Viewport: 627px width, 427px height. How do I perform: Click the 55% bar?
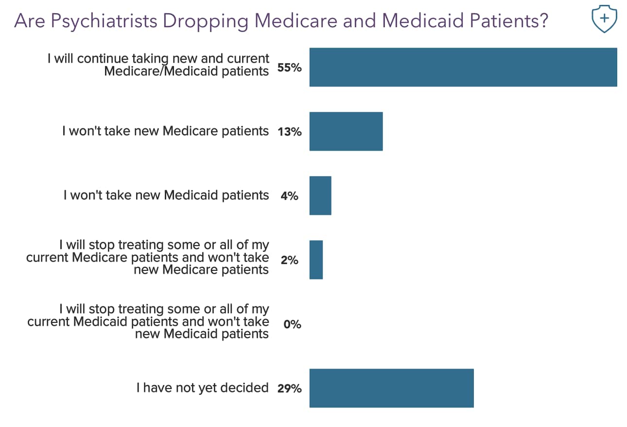463,67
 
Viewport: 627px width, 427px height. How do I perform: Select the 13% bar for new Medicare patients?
346,131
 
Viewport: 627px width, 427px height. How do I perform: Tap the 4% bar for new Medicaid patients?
320,196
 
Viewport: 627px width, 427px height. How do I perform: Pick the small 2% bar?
315,260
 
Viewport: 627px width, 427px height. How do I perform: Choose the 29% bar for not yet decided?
391,388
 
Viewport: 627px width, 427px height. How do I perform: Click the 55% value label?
289,68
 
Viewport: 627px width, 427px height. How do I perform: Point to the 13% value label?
289,132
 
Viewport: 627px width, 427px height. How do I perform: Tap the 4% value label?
289,196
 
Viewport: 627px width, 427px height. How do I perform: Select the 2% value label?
289,260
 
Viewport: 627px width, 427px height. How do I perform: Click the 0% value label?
292,324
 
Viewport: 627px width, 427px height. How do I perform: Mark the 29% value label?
289,389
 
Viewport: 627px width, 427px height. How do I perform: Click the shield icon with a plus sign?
604,19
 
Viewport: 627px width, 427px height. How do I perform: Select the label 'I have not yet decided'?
202,388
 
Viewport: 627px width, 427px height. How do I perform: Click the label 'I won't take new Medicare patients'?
165,131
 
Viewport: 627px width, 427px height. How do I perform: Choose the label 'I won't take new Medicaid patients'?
166,195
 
